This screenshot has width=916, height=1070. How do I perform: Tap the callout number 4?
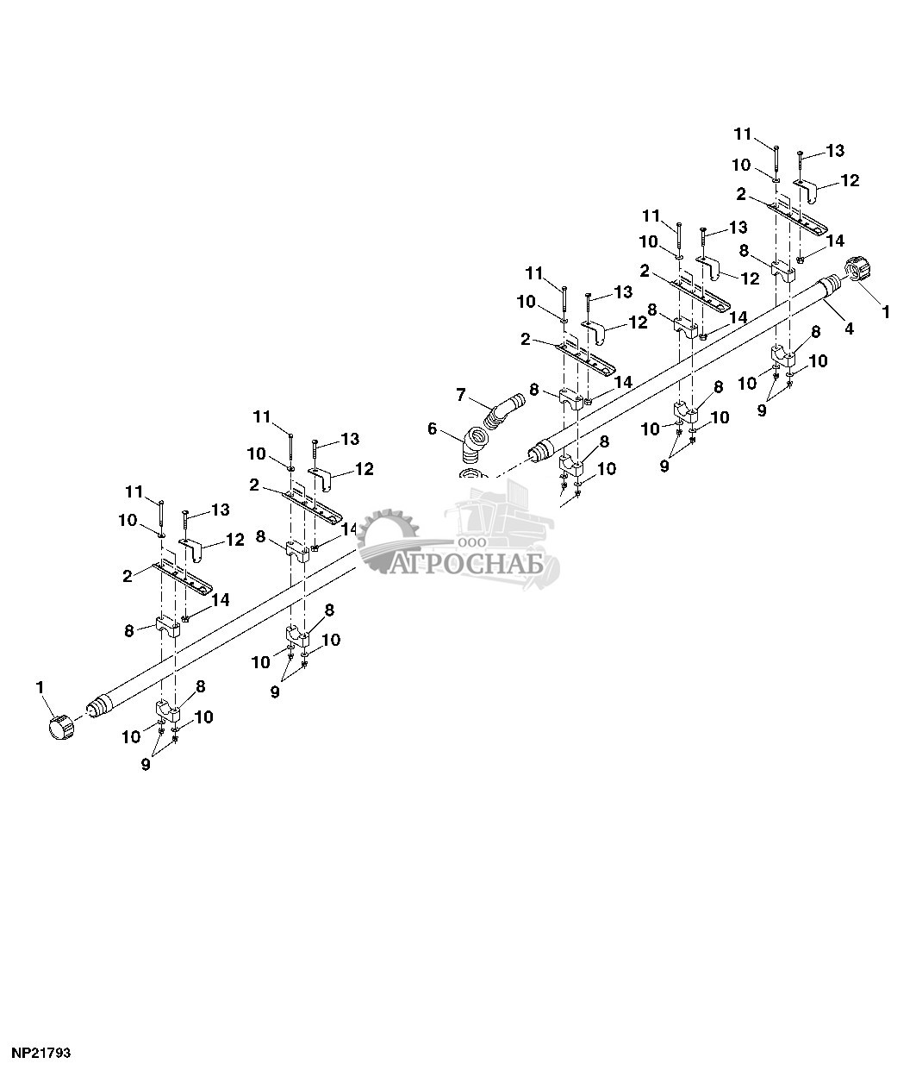[x=849, y=329]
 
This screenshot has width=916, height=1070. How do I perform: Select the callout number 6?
[x=432, y=429]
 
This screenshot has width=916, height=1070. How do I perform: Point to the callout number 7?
[x=461, y=394]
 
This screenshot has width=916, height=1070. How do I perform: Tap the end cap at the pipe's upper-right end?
[x=858, y=270]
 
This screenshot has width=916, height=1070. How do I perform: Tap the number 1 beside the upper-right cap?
[x=886, y=311]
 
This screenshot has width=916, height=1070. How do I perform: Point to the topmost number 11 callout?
[x=743, y=135]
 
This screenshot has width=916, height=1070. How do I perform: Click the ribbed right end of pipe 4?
[x=832, y=285]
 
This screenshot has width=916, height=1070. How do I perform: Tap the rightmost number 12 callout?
[x=851, y=180]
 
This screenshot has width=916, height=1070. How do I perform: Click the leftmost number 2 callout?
[x=128, y=576]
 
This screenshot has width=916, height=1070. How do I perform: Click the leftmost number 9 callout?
[x=146, y=764]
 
